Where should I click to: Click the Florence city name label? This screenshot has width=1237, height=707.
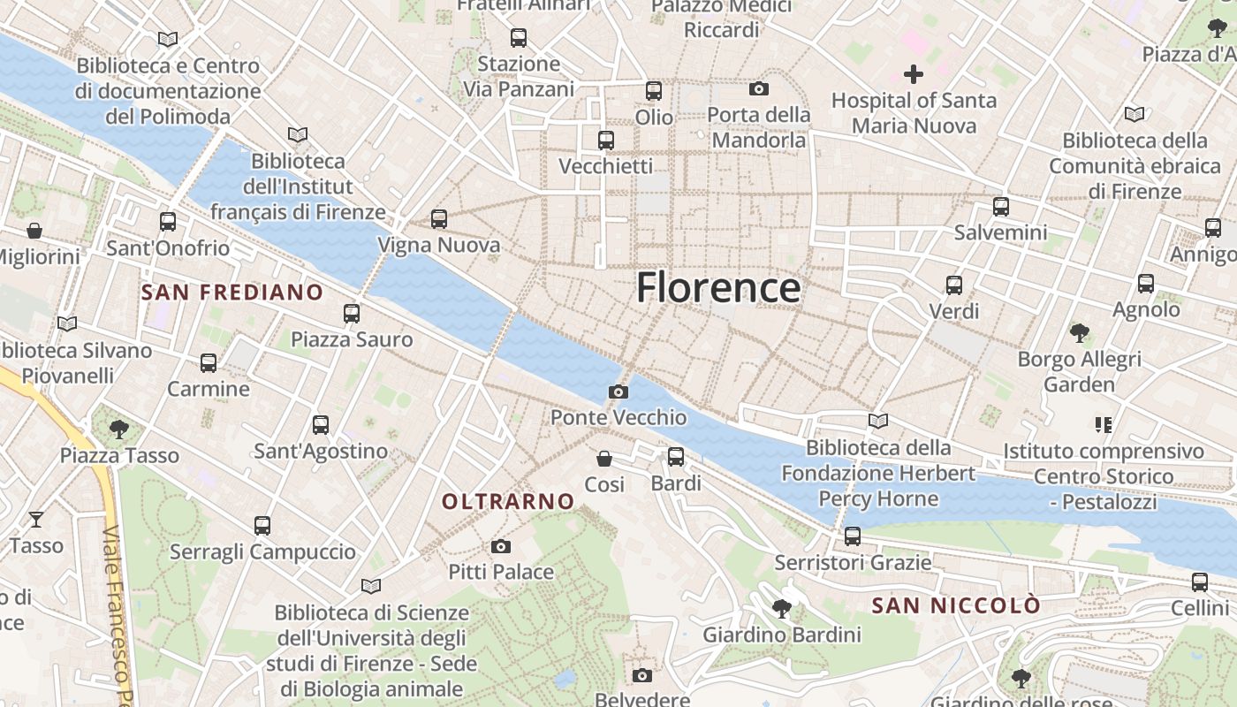point(718,288)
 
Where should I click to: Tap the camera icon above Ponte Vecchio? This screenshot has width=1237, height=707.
point(618,392)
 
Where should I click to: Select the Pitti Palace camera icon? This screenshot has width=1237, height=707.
point(501,546)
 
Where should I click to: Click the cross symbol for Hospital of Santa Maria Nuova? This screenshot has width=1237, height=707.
point(914,74)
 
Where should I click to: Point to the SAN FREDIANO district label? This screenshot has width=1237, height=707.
point(232,293)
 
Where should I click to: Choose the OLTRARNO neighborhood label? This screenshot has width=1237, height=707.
point(508,502)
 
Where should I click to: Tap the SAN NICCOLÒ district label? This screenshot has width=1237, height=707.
point(956,606)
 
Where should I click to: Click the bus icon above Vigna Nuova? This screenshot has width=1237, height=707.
point(439,219)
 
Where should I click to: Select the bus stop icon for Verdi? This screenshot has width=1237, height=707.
point(954,285)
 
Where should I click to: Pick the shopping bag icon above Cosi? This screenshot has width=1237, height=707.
point(604,458)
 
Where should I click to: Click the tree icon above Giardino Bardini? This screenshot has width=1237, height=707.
point(781,608)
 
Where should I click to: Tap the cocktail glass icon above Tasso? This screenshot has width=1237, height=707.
point(36,519)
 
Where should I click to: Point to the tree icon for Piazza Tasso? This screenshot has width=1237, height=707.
point(119,430)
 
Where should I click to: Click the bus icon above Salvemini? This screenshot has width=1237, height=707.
point(1000,207)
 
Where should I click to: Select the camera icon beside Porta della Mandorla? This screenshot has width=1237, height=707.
point(758,88)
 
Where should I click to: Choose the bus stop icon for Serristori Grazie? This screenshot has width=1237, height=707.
point(853,536)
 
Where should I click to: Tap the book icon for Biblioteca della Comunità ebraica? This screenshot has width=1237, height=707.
point(1135,114)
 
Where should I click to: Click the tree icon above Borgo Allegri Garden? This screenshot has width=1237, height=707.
point(1079,333)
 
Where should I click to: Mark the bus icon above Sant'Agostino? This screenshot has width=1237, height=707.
point(321,425)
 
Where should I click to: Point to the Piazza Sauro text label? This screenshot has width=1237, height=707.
point(352,339)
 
